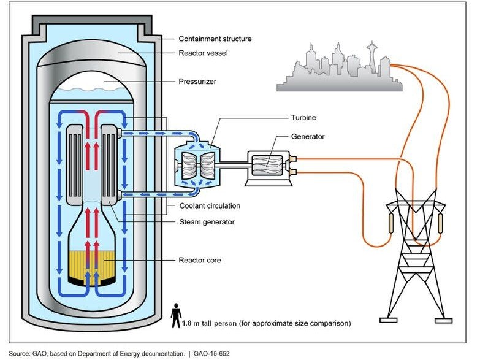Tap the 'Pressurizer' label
click(x=197, y=81)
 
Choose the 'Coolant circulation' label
click(x=211, y=206)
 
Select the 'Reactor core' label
click(x=199, y=261)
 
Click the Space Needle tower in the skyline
click(x=371, y=58)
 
